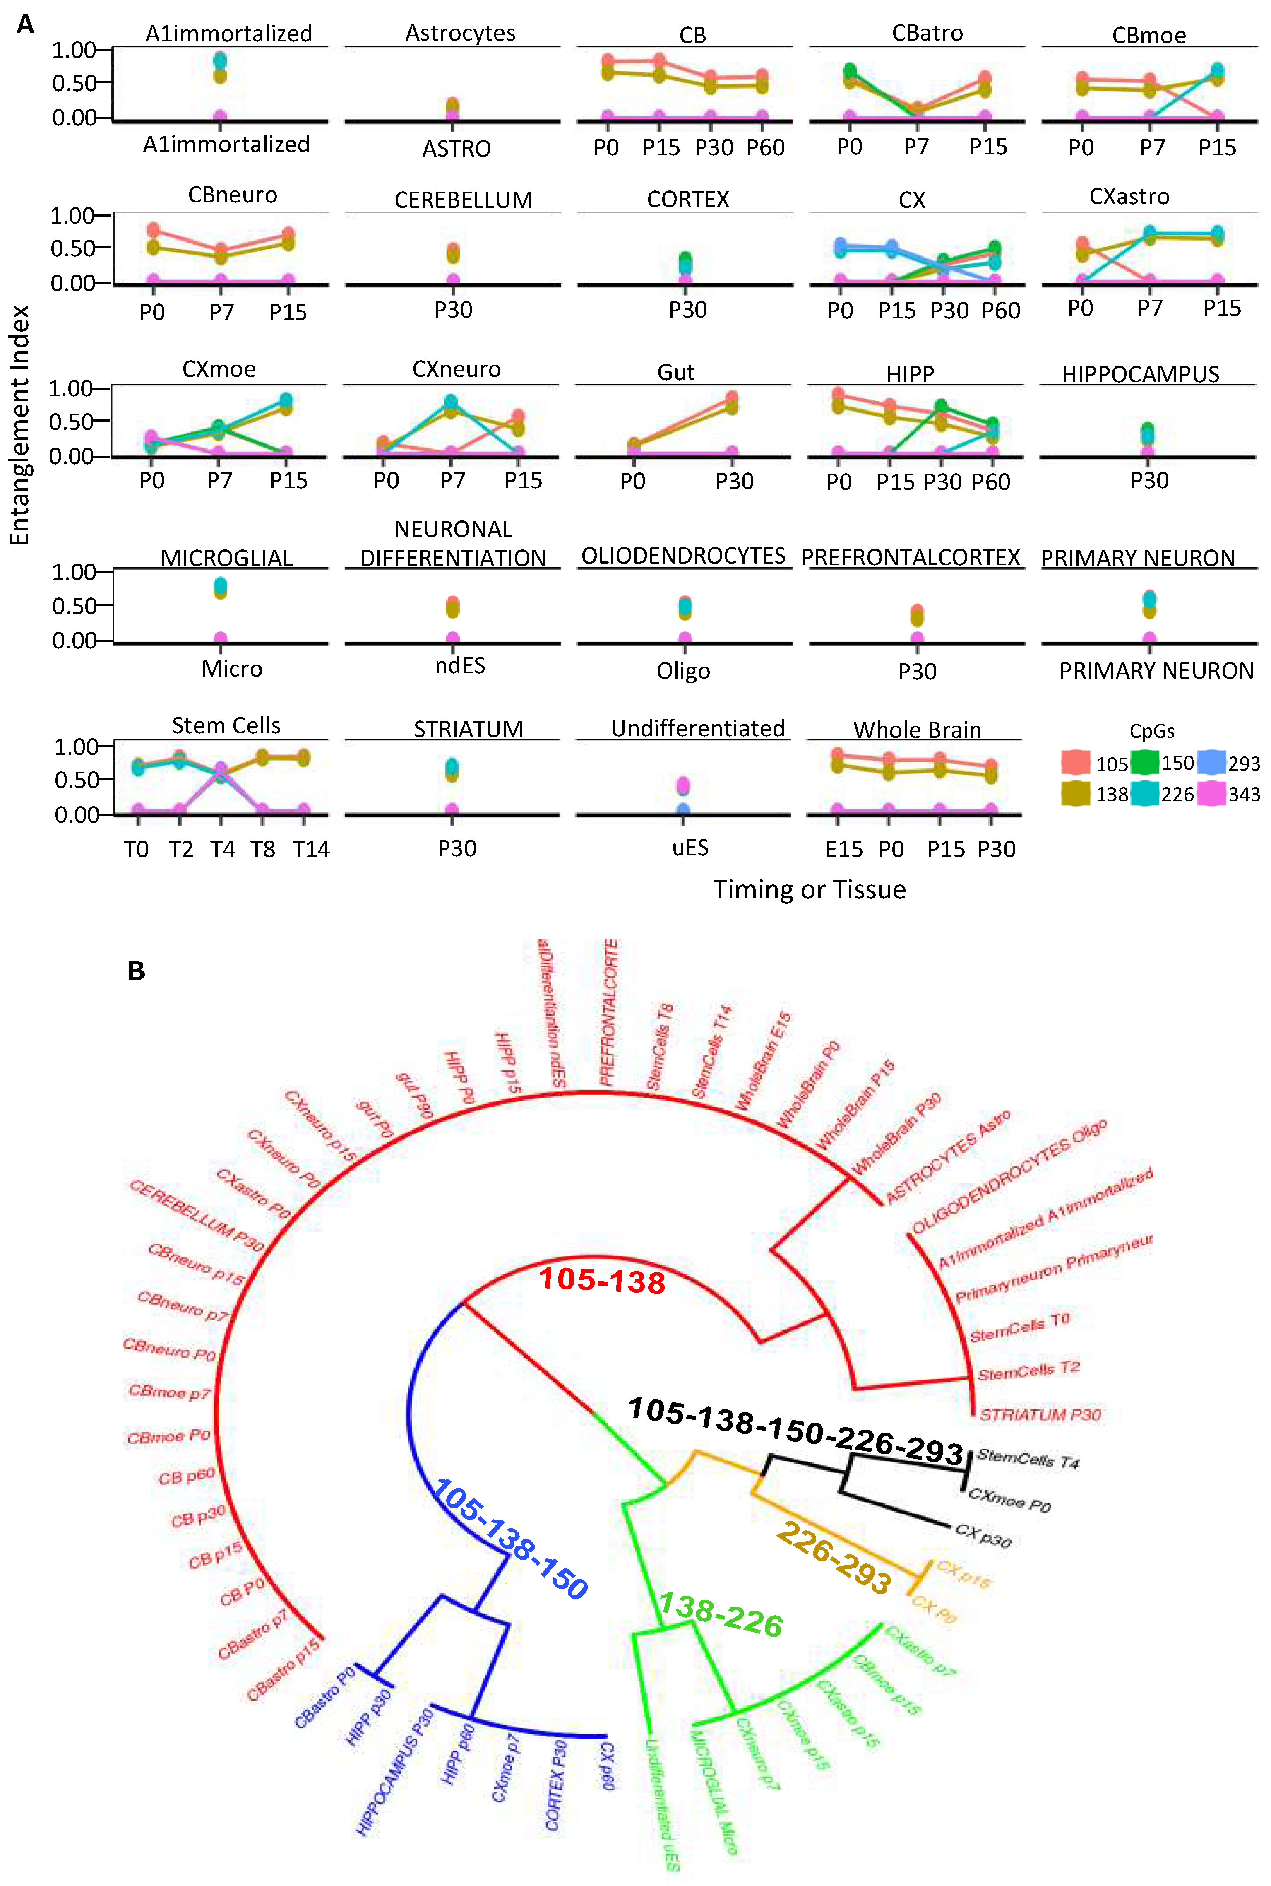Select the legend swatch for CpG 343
click(x=1211, y=794)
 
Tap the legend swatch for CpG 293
click(x=1211, y=763)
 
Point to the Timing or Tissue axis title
click(x=809, y=889)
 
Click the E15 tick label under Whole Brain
click(x=844, y=849)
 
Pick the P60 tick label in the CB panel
click(x=765, y=147)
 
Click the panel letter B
click(x=136, y=971)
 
